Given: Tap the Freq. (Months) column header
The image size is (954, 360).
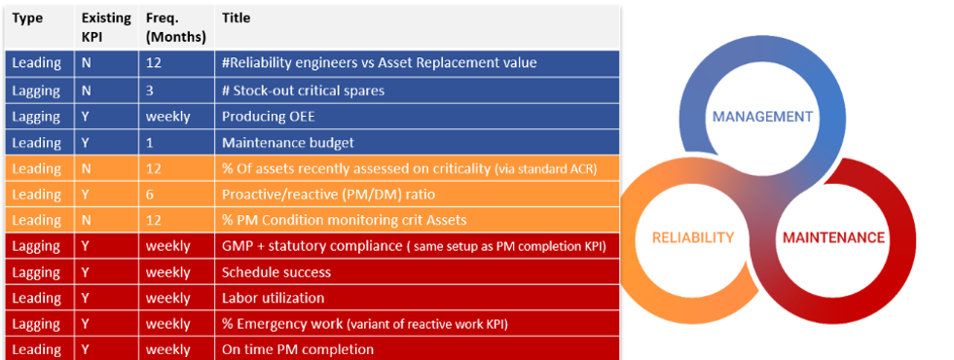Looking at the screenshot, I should pyautogui.click(x=175, y=27).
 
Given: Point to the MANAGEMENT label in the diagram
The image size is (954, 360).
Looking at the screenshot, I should pyautogui.click(x=762, y=116).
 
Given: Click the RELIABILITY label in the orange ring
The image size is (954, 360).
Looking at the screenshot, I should pyautogui.click(x=693, y=237).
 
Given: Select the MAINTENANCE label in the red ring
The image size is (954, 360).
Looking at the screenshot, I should pyautogui.click(x=831, y=237).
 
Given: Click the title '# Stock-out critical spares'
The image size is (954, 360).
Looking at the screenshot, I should pyautogui.click(x=303, y=90).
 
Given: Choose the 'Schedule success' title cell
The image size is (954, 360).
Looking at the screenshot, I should pyautogui.click(x=276, y=272).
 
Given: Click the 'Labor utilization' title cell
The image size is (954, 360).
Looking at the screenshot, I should pyautogui.click(x=274, y=298).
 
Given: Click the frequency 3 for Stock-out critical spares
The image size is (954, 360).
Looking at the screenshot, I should pyautogui.click(x=151, y=90).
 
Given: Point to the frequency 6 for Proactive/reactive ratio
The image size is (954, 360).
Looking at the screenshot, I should pyautogui.click(x=151, y=195).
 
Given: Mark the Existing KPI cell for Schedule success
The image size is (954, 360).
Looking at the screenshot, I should pyautogui.click(x=88, y=272).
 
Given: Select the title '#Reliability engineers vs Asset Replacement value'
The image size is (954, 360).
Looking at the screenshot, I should pyautogui.click(x=380, y=64).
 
